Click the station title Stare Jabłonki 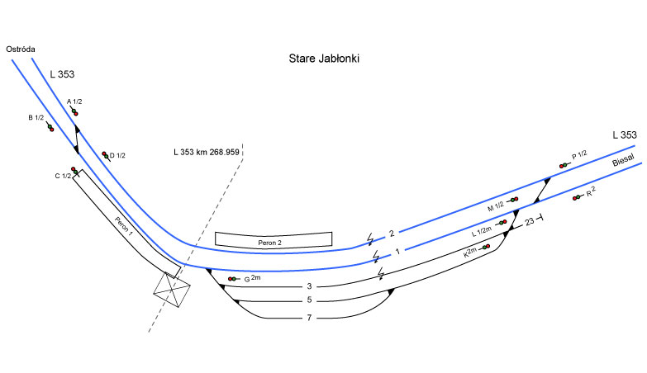[324, 59]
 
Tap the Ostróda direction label [19, 50]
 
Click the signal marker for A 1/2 [74, 112]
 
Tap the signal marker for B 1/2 [50, 128]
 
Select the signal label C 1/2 [62, 176]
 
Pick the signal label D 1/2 [117, 155]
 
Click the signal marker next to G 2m [233, 279]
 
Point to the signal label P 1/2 [579, 154]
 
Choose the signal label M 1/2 [495, 205]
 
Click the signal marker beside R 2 [576, 198]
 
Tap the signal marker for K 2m [486, 247]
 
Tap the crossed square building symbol [174, 291]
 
